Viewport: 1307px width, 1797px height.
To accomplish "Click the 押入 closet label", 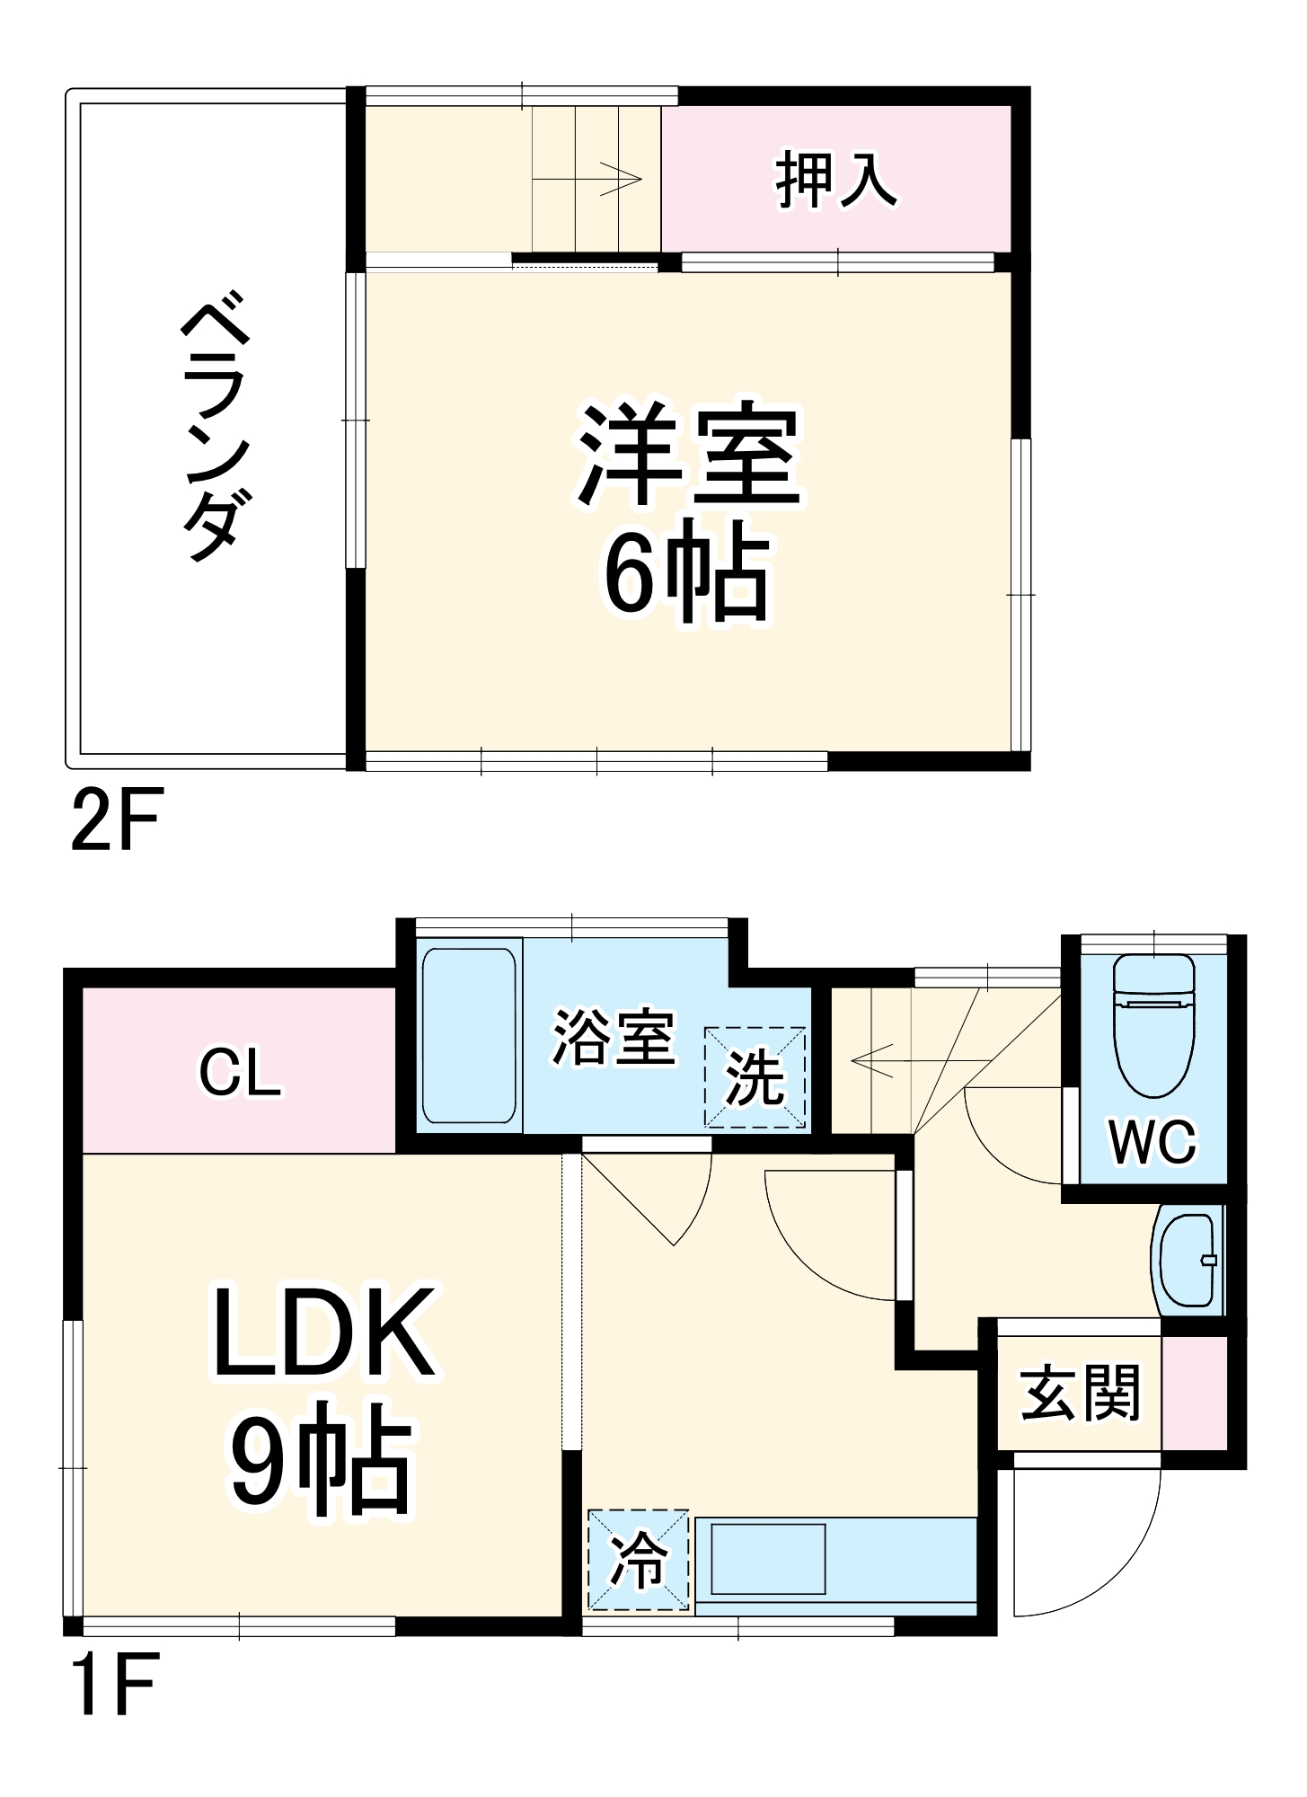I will (835, 181).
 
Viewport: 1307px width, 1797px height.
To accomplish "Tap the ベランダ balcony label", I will (215, 425).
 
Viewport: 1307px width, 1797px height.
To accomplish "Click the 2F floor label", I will (116, 819).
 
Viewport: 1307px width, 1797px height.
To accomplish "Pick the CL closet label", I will (239, 1072).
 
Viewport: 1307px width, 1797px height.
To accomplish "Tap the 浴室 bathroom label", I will (613, 1038).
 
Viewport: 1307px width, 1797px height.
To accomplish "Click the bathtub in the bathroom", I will (469, 1035).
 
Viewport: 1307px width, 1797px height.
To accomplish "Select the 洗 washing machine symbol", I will (755, 1077).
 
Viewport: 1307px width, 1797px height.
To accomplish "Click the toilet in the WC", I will (1153, 1024).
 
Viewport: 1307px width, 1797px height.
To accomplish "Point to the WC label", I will (1152, 1142).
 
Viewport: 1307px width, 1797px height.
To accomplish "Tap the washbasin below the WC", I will (1188, 1260).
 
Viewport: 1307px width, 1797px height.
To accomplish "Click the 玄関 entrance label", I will (1081, 1394).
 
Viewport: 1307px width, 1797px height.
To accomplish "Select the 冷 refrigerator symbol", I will (639, 1560).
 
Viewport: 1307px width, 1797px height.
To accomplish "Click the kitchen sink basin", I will (768, 1559).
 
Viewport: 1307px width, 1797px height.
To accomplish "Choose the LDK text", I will (323, 1332).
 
